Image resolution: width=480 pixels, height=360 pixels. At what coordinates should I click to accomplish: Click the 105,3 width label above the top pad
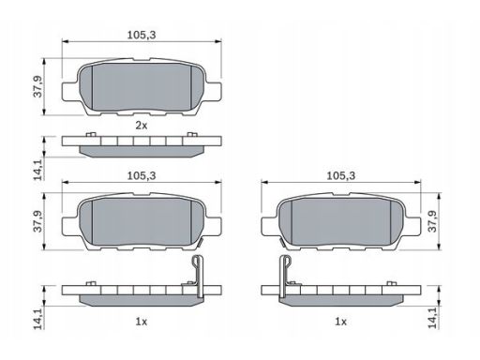(x=142, y=35)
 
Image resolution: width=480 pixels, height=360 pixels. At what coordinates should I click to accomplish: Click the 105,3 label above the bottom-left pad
(x=142, y=176)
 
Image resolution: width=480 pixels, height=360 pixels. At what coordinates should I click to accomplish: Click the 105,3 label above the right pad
(x=341, y=176)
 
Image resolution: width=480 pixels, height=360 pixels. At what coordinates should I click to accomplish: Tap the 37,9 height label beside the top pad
(x=38, y=86)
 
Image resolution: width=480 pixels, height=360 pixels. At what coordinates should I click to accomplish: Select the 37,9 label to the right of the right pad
(x=432, y=221)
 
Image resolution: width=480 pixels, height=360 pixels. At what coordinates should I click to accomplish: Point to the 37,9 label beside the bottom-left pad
(x=38, y=221)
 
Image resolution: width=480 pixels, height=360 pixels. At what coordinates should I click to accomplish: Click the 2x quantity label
(x=141, y=126)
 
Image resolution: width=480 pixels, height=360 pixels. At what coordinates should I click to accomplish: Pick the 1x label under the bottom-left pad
(x=141, y=322)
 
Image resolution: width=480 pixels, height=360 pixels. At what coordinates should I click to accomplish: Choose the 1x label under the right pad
(x=340, y=322)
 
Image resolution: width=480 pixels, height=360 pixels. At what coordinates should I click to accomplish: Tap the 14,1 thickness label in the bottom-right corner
(x=432, y=317)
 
